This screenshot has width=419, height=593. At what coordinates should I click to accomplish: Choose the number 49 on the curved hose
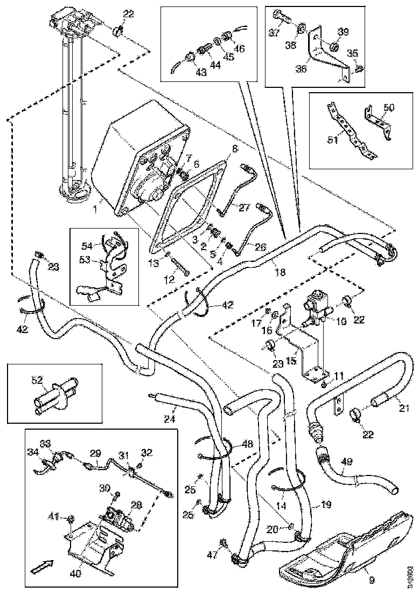click(x=347, y=461)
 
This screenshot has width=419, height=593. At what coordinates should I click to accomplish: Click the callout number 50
click(x=389, y=107)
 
